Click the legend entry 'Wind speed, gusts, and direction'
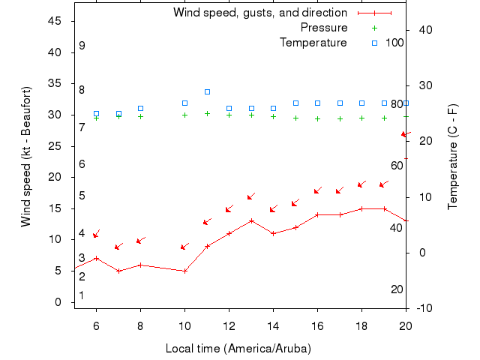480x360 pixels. [x=259, y=13]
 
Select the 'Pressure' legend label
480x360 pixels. [x=324, y=28]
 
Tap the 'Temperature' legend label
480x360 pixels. [x=313, y=43]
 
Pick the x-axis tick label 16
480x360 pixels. [x=317, y=324]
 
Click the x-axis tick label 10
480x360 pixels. [x=184, y=324]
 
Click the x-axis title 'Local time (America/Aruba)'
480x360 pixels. [x=238, y=349]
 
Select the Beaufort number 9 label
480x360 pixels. [x=82, y=46]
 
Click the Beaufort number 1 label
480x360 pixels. [x=82, y=295]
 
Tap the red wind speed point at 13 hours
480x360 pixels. [x=251, y=220]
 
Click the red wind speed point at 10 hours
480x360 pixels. [x=184, y=271]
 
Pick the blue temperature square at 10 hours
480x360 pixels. [x=184, y=103]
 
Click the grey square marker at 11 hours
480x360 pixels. [x=207, y=91]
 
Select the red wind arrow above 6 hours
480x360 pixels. [x=96, y=234]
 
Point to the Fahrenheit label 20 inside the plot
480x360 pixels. [x=397, y=289]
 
